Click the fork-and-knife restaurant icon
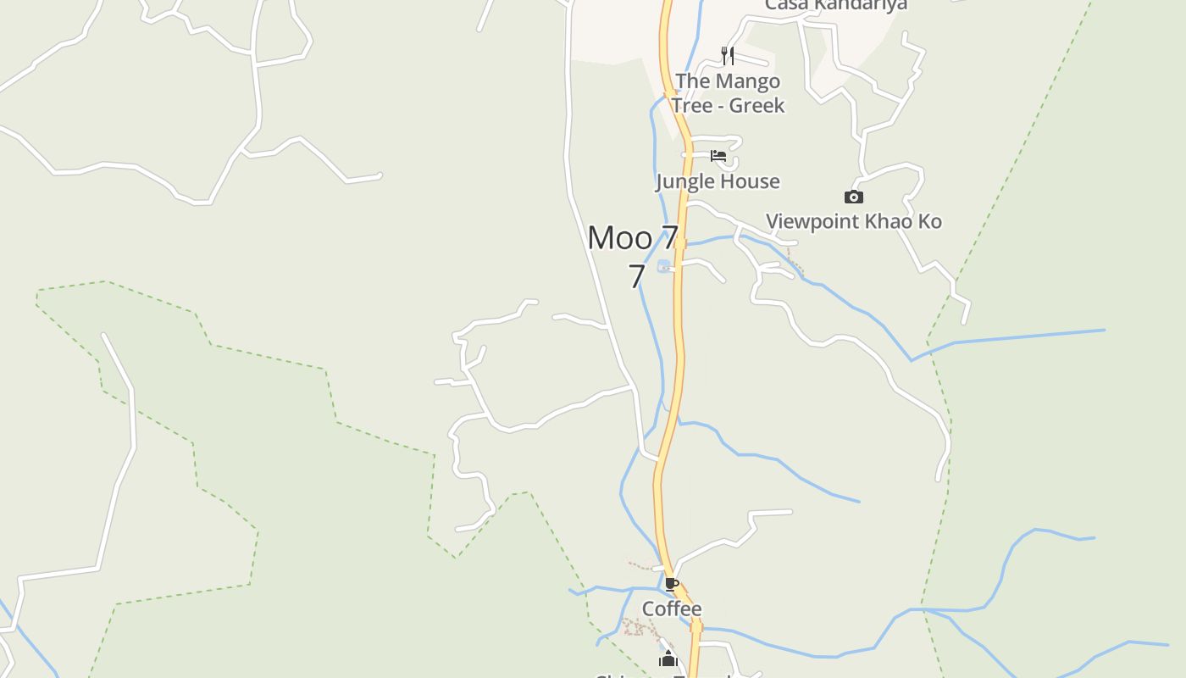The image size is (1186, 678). point(727,56)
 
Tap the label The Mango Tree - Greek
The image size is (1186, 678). point(728,93)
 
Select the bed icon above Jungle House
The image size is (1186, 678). point(718,156)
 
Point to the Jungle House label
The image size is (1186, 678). point(718,181)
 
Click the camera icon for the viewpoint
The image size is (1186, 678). point(854,197)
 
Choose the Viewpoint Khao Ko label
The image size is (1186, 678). point(854,222)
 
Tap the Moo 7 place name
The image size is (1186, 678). point(633,238)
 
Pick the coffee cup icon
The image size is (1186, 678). point(672,584)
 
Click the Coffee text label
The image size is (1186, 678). point(672,609)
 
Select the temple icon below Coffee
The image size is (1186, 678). point(668,659)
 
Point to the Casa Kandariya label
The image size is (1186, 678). point(836,5)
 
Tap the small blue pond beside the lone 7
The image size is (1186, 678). point(664,266)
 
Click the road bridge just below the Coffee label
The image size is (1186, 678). point(696,626)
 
